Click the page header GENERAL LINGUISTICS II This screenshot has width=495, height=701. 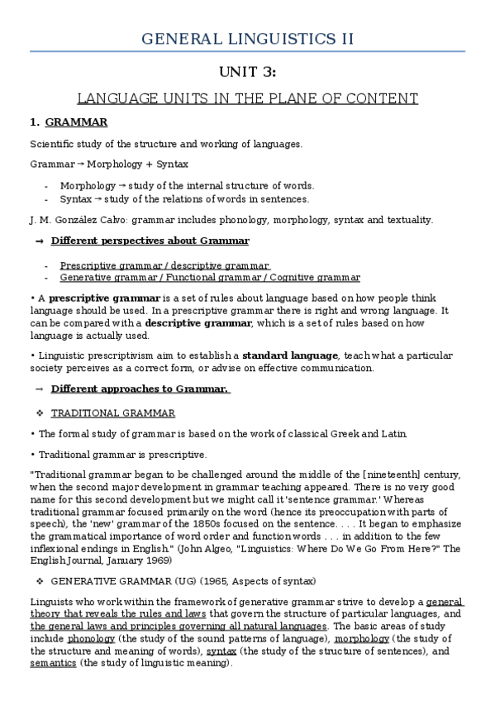(x=248, y=38)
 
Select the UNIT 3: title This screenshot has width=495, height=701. (x=247, y=73)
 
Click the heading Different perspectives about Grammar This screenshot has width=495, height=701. (x=150, y=241)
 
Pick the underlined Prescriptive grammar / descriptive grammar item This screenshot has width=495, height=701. (x=164, y=265)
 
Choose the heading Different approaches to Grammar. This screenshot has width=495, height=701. (x=140, y=389)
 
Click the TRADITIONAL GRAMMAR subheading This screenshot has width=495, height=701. (x=113, y=413)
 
